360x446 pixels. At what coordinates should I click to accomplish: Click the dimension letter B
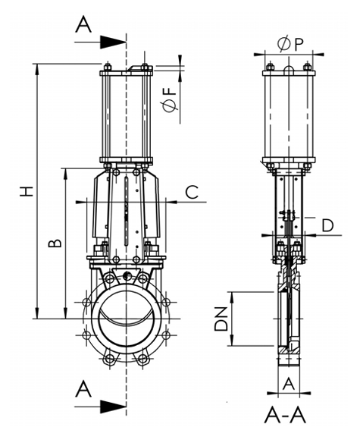point(55,243)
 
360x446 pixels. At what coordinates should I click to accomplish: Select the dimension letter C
point(192,192)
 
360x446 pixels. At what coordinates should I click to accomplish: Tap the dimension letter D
point(327,225)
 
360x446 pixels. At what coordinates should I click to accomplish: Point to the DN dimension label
point(221,319)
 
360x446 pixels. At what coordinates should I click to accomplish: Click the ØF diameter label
point(169,99)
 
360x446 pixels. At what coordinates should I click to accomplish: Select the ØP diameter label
point(290,44)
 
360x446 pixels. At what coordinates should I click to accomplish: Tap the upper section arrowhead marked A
point(113,42)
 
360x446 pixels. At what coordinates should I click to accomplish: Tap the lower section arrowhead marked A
point(113,407)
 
